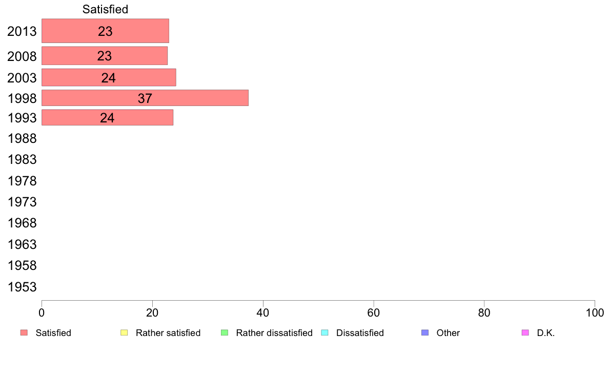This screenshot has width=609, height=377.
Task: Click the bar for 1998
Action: tap(145, 98)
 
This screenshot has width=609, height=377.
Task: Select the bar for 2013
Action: tap(105, 31)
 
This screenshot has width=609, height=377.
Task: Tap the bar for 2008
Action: tap(105, 56)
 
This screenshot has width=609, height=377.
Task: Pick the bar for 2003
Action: tap(109, 77)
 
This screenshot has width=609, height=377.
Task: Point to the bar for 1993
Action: tap(107, 117)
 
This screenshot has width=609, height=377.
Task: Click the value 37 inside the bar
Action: tap(145, 98)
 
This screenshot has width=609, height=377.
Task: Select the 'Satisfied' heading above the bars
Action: tap(105, 9)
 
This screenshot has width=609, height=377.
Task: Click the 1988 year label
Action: tap(22, 139)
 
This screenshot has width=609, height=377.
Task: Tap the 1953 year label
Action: tap(22, 287)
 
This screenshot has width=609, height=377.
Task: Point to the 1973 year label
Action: tap(22, 202)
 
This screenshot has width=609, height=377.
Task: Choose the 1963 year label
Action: tap(22, 245)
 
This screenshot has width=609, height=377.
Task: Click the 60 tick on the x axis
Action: tap(374, 312)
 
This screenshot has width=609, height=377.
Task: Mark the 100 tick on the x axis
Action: tap(595, 312)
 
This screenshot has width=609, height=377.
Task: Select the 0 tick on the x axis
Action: tap(42, 312)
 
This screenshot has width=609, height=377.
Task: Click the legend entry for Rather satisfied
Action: tap(161, 333)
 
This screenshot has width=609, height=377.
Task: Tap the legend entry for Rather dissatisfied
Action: tap(267, 333)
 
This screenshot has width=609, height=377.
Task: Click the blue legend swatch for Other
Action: tap(425, 333)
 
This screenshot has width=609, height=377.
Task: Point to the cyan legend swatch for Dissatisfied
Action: tap(324, 333)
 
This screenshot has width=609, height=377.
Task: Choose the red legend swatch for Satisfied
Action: tap(24, 333)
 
